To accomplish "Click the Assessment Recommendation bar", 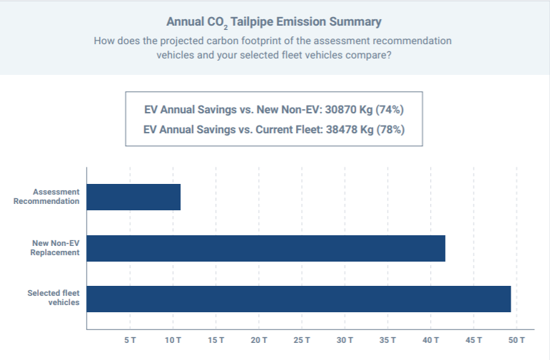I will [133, 197].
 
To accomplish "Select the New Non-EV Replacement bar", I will [265, 248].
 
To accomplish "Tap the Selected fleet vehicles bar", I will [298, 299].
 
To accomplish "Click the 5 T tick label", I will [130, 341].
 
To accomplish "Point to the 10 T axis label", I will [173, 341].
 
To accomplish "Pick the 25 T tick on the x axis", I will [302, 341].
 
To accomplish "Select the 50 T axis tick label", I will [516, 341].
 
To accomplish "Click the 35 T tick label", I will [388, 341].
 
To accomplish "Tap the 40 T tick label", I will [431, 341].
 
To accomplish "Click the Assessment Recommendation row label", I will [46, 197].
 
